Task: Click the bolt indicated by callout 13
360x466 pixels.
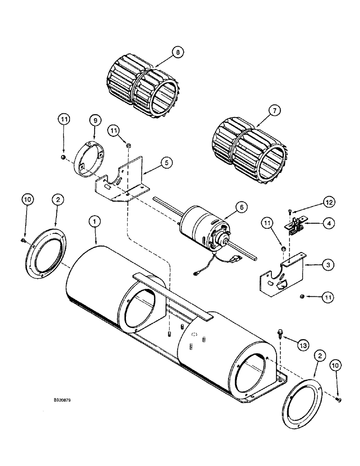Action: (x=279, y=332)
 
